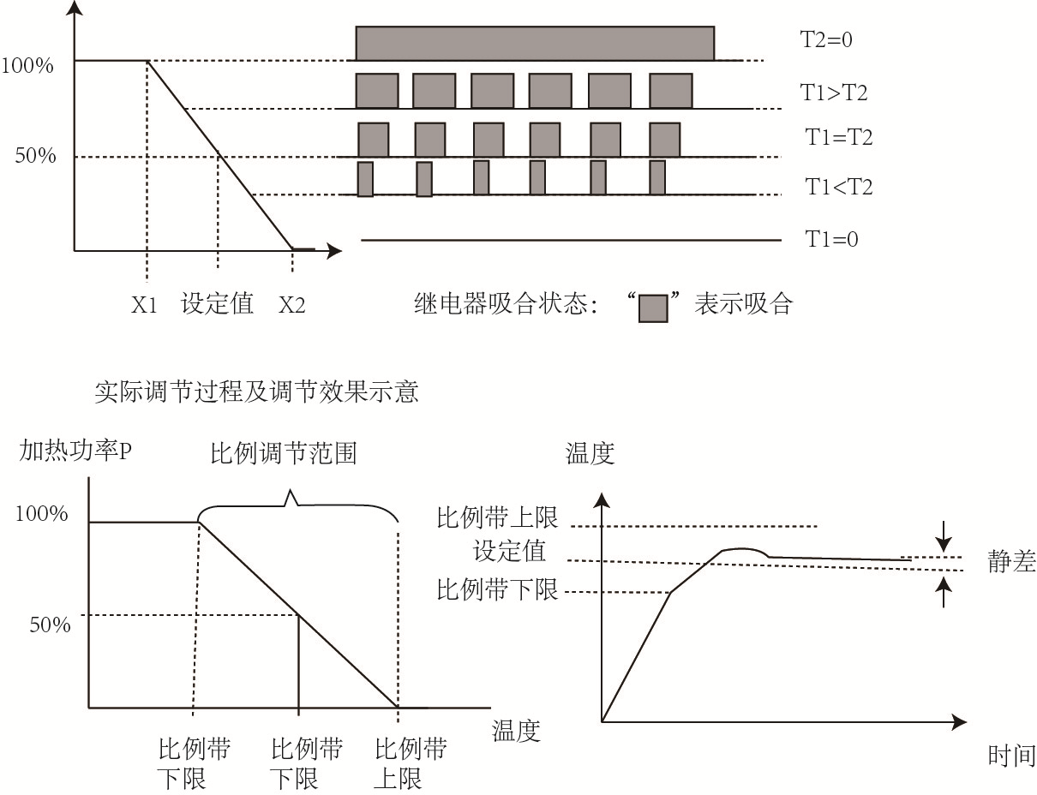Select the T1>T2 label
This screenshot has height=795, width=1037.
pos(834,93)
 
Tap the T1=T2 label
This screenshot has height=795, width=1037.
pos(838,137)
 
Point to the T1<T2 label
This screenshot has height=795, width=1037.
pos(838,187)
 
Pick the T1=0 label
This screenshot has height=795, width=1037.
pos(831,240)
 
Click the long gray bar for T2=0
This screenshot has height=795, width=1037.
pos(535,44)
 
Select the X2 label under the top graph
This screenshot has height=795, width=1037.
pos(291,305)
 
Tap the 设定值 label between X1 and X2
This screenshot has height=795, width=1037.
pos(218,304)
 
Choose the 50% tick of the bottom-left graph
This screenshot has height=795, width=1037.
pos(50,625)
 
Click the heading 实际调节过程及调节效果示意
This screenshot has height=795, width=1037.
pos(255,392)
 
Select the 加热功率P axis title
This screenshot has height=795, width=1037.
pos(75,451)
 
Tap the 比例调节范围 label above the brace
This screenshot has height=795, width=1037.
pos(283,453)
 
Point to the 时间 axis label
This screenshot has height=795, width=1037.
pos(1011,756)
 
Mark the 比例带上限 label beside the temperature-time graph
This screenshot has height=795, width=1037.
pos(497,517)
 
